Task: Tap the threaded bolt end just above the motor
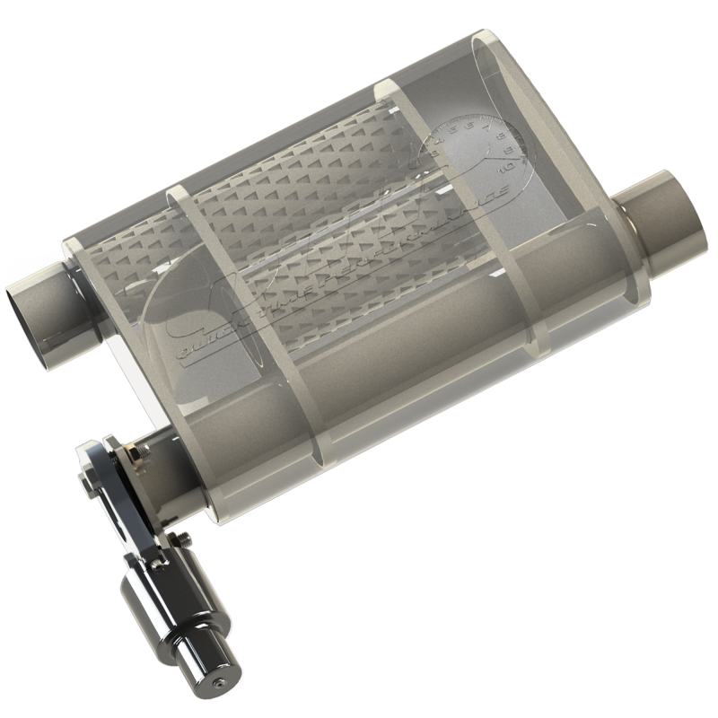pos(185,538)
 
